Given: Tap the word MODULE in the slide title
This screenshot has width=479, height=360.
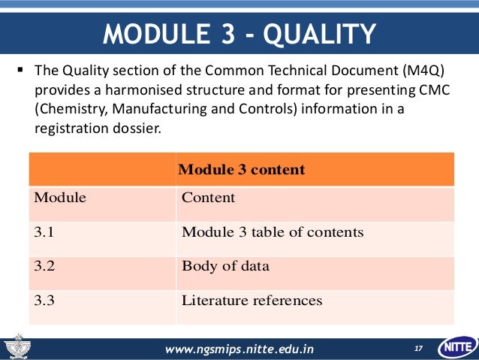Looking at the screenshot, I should [152, 34].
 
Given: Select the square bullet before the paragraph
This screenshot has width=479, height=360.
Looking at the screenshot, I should [20, 73].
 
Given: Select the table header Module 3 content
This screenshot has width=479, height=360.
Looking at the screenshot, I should [241, 169].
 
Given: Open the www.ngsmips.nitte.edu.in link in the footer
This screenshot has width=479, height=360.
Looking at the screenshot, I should [239, 349].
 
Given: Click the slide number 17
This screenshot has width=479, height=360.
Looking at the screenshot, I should [418, 349].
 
